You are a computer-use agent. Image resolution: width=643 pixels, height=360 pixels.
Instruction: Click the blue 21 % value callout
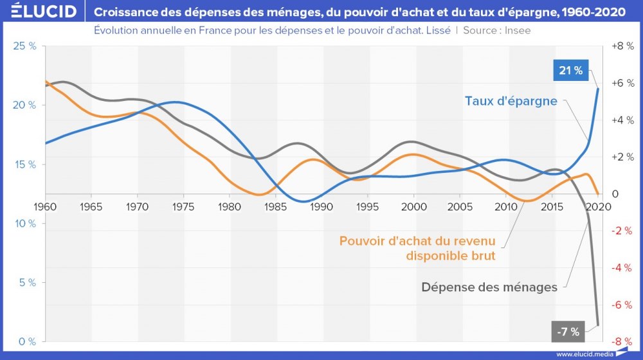[571, 71]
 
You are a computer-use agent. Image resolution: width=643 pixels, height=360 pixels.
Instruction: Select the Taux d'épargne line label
[511, 101]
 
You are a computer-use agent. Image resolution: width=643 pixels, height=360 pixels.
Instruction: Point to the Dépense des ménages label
[489, 287]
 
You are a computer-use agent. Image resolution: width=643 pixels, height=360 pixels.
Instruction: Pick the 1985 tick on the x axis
[275, 206]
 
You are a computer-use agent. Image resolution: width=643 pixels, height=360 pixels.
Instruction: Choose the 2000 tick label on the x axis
[414, 206]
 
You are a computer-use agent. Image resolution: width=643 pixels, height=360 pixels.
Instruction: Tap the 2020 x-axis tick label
[599, 206]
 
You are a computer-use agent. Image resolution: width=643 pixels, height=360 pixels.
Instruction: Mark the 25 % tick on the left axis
[25, 46]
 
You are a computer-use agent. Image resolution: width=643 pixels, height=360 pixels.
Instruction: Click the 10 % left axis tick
[25, 223]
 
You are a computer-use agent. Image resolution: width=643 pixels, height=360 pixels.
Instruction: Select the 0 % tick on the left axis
[27, 341]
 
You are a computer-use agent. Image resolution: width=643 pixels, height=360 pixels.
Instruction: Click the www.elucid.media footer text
[584, 354]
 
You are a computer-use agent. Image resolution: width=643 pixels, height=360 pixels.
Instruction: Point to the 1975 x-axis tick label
[183, 206]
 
